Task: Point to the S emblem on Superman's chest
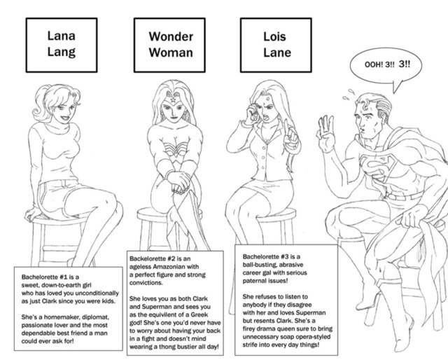pyautogui.click(x=377, y=167)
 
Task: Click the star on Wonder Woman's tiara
pyautogui.click(x=173, y=100)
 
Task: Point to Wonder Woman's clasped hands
pyautogui.click(x=178, y=182)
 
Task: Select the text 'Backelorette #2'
pyautogui.click(x=152, y=258)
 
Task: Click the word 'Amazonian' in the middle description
pyautogui.click(x=169, y=266)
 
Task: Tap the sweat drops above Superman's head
pyautogui.click(x=349, y=95)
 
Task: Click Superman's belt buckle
pyautogui.click(x=392, y=197)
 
